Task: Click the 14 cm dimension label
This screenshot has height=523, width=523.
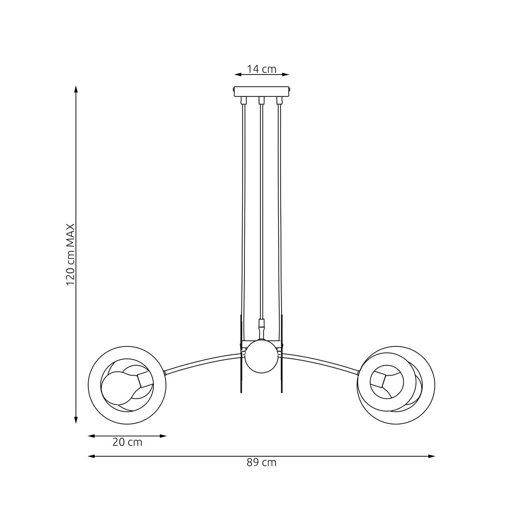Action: click(x=261, y=69)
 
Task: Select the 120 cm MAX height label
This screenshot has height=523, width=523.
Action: click(x=70, y=255)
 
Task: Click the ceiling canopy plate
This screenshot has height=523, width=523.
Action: click(x=261, y=91)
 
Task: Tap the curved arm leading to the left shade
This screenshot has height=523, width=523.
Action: click(x=202, y=363)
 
